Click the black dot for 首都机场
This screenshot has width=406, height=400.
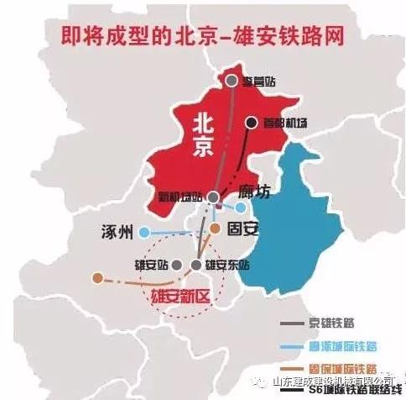(250, 123)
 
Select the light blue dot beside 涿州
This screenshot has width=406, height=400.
(144, 232)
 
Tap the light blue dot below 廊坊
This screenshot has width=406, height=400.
(242, 207)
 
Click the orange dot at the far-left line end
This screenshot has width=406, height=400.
(98, 276)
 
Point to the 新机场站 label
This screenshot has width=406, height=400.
(181, 197)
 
